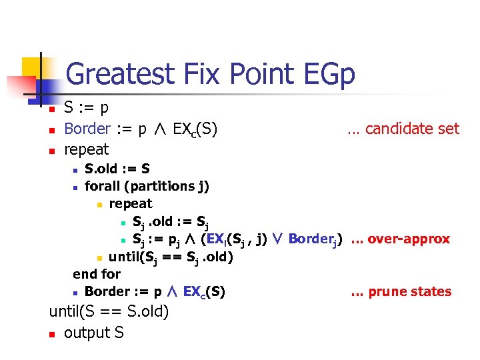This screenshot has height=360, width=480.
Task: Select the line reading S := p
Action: [87, 107]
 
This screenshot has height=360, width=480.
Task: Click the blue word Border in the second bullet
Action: [87, 129]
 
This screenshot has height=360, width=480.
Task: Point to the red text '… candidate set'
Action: [403, 129]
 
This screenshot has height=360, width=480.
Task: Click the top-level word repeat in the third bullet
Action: [86, 149]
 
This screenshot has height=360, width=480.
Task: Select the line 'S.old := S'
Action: [117, 169]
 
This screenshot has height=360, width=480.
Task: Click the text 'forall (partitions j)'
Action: [147, 187]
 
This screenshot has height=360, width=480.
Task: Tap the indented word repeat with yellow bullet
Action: [131, 203]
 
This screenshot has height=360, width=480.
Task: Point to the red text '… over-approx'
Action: [400, 239]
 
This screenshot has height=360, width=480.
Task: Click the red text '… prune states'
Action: [401, 291]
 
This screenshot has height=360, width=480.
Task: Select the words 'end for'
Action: [97, 273]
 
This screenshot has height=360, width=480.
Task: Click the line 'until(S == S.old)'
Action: [109, 311]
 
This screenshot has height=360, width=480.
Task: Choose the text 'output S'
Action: [93, 332]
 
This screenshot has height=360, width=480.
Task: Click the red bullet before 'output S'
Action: [51, 333]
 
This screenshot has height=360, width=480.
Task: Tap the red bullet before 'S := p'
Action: [51, 109]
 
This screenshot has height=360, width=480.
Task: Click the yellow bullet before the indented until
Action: [99, 257]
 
